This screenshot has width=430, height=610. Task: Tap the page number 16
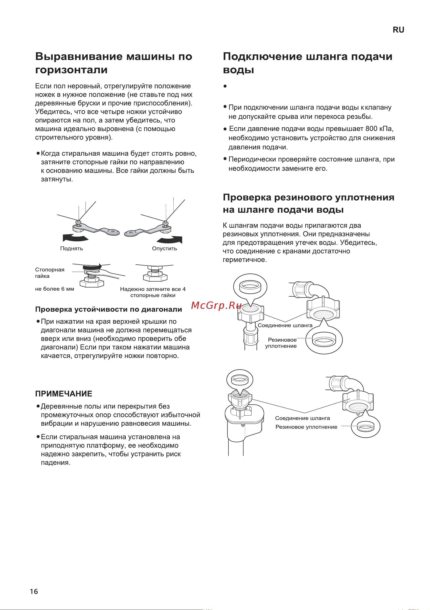[x=34, y=591]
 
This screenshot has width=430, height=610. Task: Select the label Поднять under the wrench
[x=71, y=248]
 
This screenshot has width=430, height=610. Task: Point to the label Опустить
[x=164, y=248]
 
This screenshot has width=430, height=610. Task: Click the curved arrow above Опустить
[x=170, y=240]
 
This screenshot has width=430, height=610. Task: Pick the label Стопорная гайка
[x=49, y=272]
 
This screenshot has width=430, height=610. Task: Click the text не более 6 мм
[x=55, y=289]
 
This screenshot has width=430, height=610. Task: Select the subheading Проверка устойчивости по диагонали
[x=108, y=309]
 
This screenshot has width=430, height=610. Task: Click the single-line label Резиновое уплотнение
[x=306, y=427]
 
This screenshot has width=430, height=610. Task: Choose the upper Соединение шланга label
[x=285, y=325]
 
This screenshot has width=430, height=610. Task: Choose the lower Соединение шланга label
[x=302, y=418]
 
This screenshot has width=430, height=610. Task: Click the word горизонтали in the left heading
[x=71, y=70]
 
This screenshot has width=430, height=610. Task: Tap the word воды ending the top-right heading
[x=238, y=70]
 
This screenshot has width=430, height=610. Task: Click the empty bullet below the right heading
[x=225, y=86]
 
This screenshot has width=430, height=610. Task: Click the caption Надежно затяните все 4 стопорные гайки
[x=153, y=292]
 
